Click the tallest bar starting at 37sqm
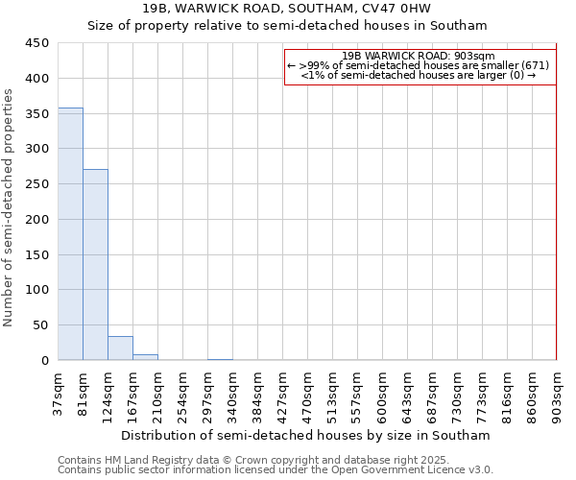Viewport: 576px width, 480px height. click(x=70, y=234)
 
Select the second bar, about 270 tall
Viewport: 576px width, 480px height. click(x=95, y=265)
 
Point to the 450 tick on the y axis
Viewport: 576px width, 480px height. click(x=37, y=43)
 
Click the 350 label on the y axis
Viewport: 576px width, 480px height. click(x=37, y=114)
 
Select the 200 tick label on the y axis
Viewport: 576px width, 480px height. click(x=37, y=220)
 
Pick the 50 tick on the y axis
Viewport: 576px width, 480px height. click(x=40, y=325)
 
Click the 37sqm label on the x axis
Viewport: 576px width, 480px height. click(x=59, y=393)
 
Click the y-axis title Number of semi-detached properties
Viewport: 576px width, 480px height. click(x=10, y=207)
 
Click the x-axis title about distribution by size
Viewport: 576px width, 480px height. click(x=306, y=435)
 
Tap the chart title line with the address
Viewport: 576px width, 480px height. click(x=287, y=8)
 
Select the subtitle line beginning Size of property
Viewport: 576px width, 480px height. click(x=287, y=26)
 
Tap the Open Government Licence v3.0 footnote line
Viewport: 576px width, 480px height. click(x=276, y=470)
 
